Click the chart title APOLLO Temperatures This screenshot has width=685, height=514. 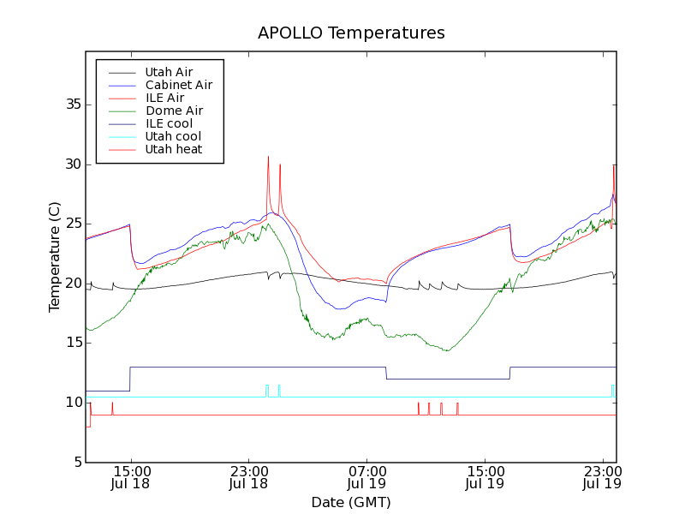pyautogui.click(x=351, y=33)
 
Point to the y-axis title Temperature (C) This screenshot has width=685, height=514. pyautogui.click(x=55, y=257)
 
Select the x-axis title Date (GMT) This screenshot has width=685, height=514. pyautogui.click(x=351, y=502)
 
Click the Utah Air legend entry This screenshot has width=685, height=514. pyautogui.click(x=169, y=72)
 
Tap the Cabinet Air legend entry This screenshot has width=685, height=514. pyautogui.click(x=178, y=85)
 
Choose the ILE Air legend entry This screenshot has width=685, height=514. pyautogui.click(x=164, y=98)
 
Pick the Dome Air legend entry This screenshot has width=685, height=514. pyautogui.click(x=174, y=111)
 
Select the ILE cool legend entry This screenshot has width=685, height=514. pyautogui.click(x=169, y=123)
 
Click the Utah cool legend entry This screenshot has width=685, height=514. pyautogui.click(x=173, y=136)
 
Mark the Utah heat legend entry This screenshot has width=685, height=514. pyautogui.click(x=174, y=149)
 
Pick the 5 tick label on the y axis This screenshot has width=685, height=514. pyautogui.click(x=76, y=463)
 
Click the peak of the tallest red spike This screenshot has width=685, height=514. pyautogui.click(x=268, y=157)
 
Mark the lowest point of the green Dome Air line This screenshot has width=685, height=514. pyautogui.click(x=447, y=350)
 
